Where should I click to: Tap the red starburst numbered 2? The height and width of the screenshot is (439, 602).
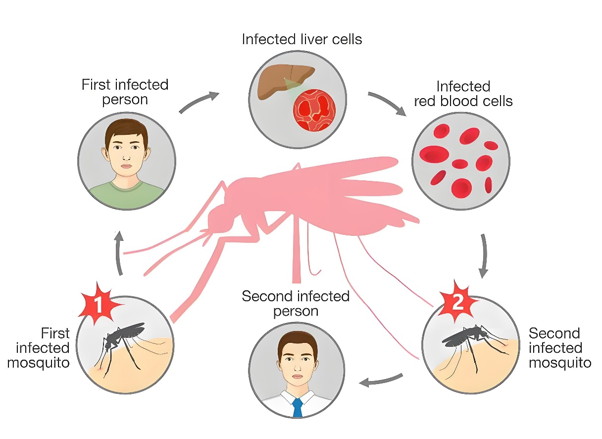pos(457,302)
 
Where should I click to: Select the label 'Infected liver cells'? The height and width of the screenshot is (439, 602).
pos(302,39)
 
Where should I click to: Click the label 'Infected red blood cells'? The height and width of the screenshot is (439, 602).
pos(463,94)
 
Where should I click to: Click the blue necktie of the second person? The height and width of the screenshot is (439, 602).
pos(298,407)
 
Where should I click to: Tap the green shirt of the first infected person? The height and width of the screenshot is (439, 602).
pos(126,195)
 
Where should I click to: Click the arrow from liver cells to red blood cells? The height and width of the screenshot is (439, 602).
pos(388,103)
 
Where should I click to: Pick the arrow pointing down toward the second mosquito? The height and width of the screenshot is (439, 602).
pos(484,256)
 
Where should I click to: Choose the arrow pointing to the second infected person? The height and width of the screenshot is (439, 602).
pos(381,380)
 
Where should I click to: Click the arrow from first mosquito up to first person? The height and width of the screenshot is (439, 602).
pos(118,253)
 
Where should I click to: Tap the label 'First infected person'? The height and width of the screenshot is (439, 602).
pos(125,92)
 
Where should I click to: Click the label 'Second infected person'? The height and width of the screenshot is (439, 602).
pos(296,304)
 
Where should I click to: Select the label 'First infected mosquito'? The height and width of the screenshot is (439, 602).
pos(39,348)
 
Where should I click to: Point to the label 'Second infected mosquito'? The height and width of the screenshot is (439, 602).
pos(560,348)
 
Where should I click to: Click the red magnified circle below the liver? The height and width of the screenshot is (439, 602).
pos(314,110)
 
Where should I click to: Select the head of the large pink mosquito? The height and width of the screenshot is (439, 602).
pos(220,219)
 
